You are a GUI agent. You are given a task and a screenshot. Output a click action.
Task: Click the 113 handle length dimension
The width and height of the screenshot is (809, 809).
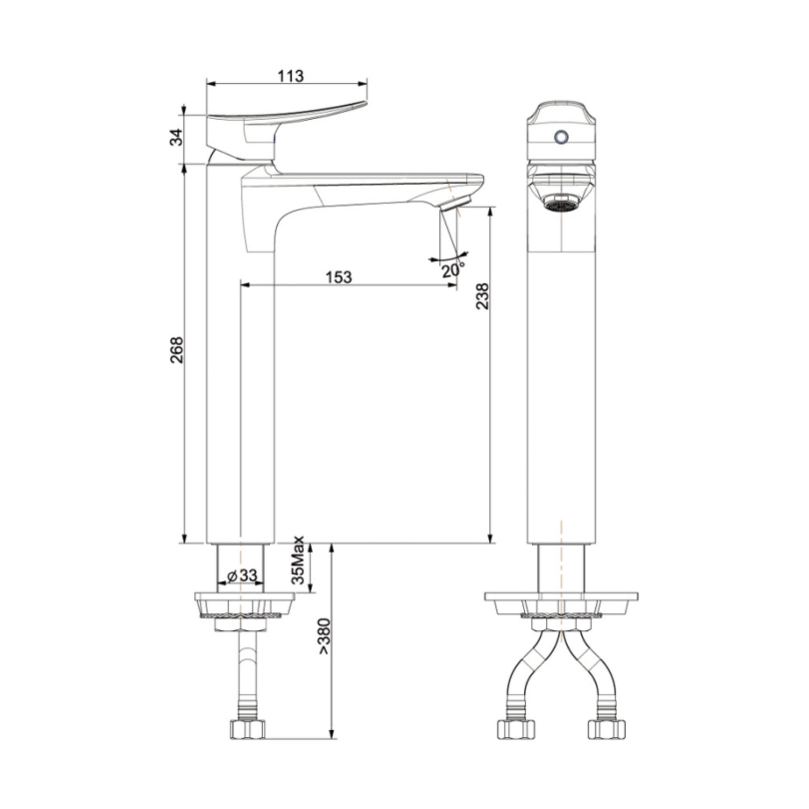[x=291, y=76]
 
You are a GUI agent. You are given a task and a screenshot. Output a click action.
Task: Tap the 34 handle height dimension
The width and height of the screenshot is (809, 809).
[x=176, y=137]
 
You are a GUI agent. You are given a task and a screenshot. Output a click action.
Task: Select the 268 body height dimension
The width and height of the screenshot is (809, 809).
[x=176, y=350]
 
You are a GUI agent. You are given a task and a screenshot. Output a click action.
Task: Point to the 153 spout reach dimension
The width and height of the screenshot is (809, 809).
[x=339, y=277]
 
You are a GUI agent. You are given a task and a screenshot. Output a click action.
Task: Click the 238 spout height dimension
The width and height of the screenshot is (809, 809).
[x=482, y=297]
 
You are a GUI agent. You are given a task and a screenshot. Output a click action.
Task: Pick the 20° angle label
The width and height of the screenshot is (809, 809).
[x=452, y=270]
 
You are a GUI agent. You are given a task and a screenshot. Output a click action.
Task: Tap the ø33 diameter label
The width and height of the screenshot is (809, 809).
[x=242, y=575]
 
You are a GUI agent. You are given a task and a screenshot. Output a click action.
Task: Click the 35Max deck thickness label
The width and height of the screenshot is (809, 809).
[x=299, y=560]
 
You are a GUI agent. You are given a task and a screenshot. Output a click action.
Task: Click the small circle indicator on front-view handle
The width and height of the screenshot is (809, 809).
[x=560, y=137]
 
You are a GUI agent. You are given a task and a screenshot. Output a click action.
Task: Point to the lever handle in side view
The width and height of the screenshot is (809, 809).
[x=286, y=114]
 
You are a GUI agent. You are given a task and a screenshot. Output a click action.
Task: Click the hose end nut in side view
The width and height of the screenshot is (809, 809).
[x=247, y=728]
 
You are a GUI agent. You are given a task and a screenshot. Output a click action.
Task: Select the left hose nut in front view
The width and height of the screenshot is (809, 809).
[x=516, y=728]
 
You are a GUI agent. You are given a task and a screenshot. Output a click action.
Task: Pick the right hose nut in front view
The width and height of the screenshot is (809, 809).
[x=606, y=728]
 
